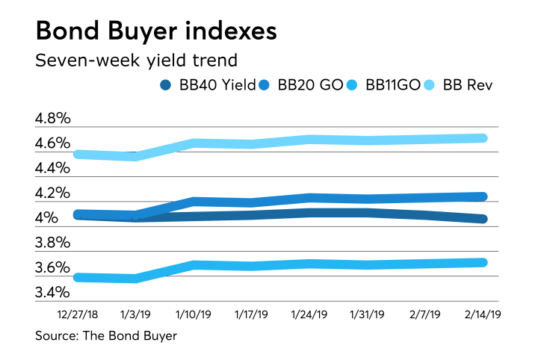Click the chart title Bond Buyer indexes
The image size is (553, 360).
coord(155,32)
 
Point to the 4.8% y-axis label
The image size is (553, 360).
coord(52,119)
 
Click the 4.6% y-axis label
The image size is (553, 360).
coord(52,143)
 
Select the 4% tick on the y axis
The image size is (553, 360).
coord(46,218)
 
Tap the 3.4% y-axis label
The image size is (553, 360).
coord(52,292)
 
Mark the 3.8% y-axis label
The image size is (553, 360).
coord(52,243)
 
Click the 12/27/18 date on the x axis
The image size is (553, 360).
coord(76,315)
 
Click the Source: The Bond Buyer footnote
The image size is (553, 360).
coord(106,336)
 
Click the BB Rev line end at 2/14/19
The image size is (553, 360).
coord(483,137)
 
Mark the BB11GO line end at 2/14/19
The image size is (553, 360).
coord(483,262)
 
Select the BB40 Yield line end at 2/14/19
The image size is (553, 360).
coord(483,219)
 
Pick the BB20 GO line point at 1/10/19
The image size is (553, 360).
coord(194,201)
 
